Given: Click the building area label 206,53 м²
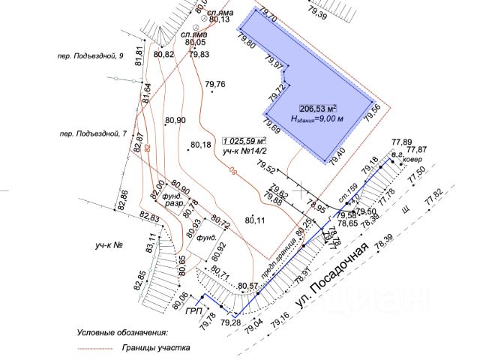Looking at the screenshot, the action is point(318,108).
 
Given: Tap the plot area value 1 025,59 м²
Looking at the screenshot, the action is point(244,140).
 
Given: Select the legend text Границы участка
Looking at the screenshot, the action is point(156,348).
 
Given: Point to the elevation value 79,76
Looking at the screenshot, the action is point(215,84).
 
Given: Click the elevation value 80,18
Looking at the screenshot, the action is point(201,145).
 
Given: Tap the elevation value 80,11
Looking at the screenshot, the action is point(256,219).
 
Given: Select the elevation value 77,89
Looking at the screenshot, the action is point(402,142).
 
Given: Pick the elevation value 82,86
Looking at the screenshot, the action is point(124,200).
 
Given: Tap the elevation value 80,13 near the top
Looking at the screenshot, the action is point(219,19).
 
